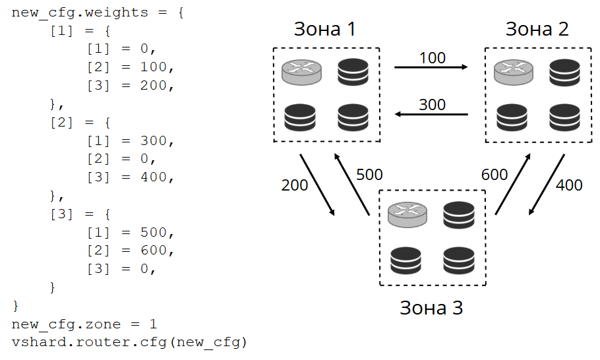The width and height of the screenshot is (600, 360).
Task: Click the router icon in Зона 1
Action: pyautogui.click(x=301, y=72)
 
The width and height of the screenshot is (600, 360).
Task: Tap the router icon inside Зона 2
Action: pyautogui.click(x=513, y=72)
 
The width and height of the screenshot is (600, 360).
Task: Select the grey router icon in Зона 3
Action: pyautogui.click(x=407, y=215)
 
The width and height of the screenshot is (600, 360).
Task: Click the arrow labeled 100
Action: pyautogui.click(x=431, y=67)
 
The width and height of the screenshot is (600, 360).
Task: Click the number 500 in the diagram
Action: pyautogui.click(x=369, y=175)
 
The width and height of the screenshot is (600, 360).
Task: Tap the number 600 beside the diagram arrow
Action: pyautogui.click(x=495, y=175)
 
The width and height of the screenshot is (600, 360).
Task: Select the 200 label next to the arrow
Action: pyautogui.click(x=295, y=185)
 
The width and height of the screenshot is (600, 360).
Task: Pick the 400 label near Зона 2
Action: pyautogui.click(x=569, y=185)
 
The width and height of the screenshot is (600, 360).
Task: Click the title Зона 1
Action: pyautogui.click(x=325, y=29)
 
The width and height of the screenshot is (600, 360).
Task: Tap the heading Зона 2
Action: pyautogui.click(x=537, y=29)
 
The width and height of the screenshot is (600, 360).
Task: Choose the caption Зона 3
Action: pyautogui.click(x=431, y=308)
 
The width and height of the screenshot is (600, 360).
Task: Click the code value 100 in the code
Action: pyautogui.click(x=154, y=67)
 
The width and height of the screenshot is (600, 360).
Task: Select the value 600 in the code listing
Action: pyautogui.click(x=154, y=250)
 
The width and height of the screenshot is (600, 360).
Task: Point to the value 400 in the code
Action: pyautogui.click(x=154, y=177)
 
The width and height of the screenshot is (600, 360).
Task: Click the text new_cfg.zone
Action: pyautogui.click(x=66, y=324)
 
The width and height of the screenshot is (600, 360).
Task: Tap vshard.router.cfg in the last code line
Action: pyautogui.click(x=89, y=342)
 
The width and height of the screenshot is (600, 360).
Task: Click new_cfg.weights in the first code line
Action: pyautogui.click(x=80, y=13)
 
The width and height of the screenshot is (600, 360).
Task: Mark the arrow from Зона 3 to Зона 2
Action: pyautogui.click(x=513, y=184)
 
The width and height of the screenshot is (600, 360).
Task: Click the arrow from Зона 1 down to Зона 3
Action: pyautogui.click(x=317, y=185)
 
